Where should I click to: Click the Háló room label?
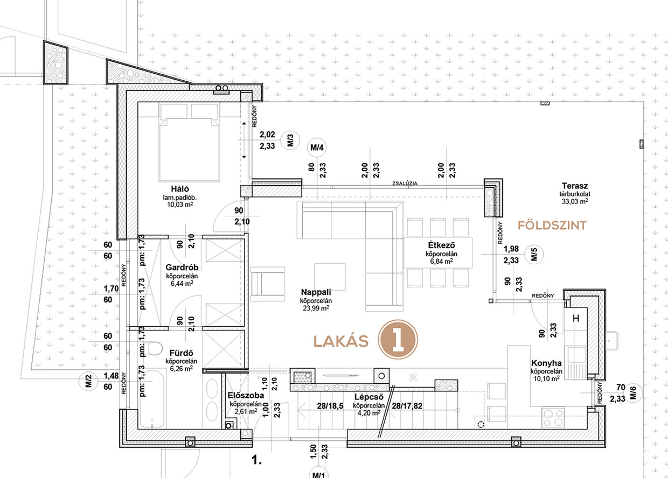coord(180,189)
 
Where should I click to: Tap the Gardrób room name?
coord(182,268)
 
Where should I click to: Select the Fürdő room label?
coord(182,353)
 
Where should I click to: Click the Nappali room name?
coord(316,292)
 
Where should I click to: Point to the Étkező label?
coord(441,245)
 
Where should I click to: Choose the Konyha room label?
coord(546,363)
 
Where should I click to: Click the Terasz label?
coord(575,186)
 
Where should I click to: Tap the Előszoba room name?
coord(246,396)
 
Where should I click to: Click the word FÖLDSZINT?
coord(552,226)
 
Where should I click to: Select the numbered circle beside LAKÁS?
coord(398,339)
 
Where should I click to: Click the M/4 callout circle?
coord(317,147)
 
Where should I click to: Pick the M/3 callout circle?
coord(290,140)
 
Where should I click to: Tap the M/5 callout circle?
coord(534,255)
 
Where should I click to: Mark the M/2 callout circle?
coord(88,381)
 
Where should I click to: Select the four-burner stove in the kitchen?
coord(553,418)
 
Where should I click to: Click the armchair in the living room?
coord(268,284)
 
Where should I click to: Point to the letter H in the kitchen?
coord(576,318)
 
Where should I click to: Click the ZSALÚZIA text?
coord(405,183)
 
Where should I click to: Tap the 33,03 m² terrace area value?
coord(575,201)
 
